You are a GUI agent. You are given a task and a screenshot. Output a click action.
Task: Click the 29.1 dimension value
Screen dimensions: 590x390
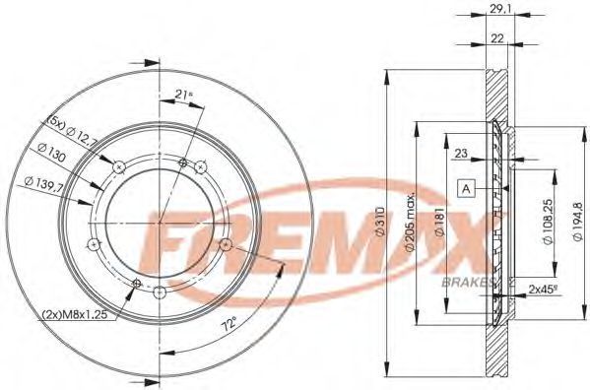pyautogui.click(x=497, y=8)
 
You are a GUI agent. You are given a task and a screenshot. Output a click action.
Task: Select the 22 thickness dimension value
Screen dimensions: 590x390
pyautogui.click(x=497, y=38)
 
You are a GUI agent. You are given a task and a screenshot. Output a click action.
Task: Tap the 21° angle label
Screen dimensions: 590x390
pyautogui.click(x=183, y=96)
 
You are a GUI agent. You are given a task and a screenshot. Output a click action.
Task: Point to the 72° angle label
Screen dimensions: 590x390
pyautogui.click(x=229, y=323)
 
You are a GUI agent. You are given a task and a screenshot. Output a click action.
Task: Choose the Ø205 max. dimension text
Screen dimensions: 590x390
pyautogui.click(x=410, y=222)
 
